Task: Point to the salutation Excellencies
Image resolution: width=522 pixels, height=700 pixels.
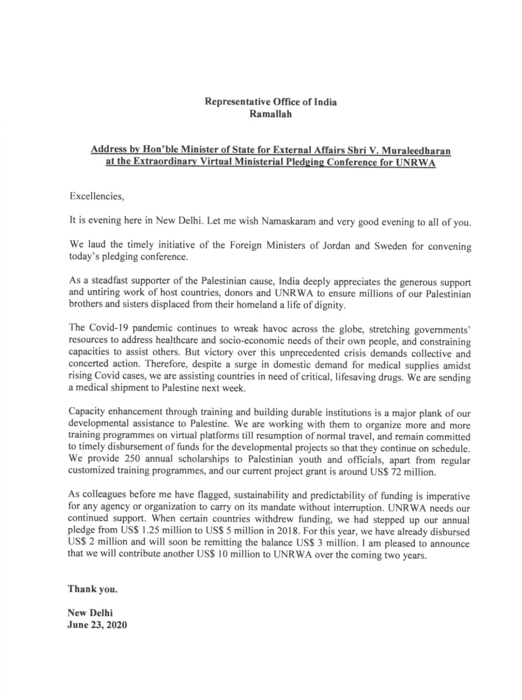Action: click(97, 196)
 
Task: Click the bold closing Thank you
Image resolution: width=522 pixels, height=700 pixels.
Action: click(92, 589)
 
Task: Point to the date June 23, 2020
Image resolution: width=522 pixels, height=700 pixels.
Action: click(97, 625)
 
